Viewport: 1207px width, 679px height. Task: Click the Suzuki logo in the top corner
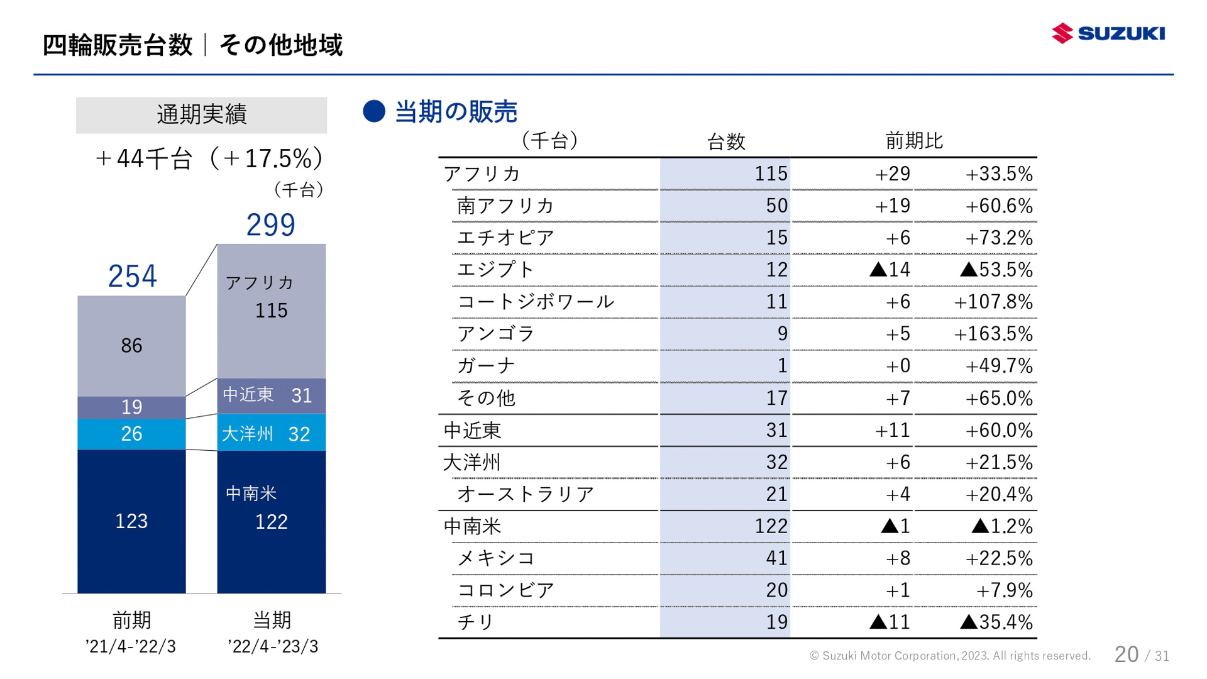pos(1108,33)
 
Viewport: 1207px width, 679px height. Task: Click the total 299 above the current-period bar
pos(270,224)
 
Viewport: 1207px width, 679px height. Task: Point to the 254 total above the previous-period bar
pos(132,276)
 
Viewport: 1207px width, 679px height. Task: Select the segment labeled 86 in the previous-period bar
pos(131,345)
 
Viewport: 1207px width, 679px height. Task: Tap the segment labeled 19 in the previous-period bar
pos(131,407)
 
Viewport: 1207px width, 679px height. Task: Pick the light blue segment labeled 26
pos(131,434)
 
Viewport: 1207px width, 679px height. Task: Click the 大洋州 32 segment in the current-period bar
pos(271,433)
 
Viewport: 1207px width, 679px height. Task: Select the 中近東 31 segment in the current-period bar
pos(271,395)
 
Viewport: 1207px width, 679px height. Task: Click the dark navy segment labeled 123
pos(131,521)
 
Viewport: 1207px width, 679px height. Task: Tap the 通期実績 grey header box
pos(201,115)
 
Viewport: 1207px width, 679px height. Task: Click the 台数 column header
pos(726,141)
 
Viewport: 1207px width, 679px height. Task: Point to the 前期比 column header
pos(914,141)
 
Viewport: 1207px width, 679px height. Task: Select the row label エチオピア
pos(505,238)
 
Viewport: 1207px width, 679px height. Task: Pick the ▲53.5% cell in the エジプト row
pos(996,270)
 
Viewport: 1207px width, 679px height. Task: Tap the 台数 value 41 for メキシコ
pos(776,558)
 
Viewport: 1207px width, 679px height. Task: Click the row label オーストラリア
pos(526,494)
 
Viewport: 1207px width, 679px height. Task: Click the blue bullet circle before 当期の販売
pos(374,111)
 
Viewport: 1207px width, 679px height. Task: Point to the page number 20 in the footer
pos(1127,654)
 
